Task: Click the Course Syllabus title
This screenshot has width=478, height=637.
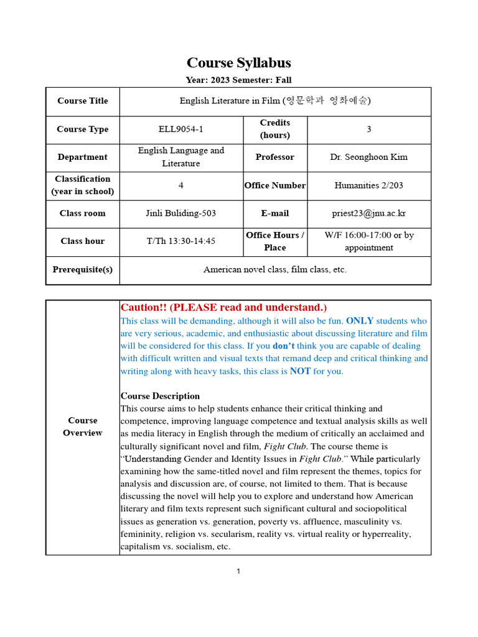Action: point(238,63)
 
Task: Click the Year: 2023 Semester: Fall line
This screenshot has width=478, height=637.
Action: point(238,80)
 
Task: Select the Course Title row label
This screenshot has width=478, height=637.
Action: point(82,101)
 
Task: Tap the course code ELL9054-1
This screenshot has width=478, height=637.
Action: point(180,129)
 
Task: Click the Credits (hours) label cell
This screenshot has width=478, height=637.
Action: point(274,129)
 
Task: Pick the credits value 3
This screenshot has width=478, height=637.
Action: point(368,129)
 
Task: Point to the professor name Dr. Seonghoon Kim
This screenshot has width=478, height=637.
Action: point(368,157)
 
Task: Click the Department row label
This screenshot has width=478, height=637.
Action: point(82,157)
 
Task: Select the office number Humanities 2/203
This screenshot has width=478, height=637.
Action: point(368,185)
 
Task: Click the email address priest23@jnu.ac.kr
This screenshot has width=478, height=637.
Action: point(368,213)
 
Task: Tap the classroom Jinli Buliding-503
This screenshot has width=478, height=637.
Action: point(180,213)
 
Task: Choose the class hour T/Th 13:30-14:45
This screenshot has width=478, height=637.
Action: point(180,241)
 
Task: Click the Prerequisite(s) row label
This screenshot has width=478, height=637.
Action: point(82,270)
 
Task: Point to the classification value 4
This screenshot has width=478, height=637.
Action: point(180,185)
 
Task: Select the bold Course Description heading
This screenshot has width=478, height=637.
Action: point(160,396)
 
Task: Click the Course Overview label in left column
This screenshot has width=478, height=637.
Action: point(82,427)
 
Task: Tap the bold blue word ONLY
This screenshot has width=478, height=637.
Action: point(359,321)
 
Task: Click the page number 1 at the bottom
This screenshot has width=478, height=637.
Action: point(238,572)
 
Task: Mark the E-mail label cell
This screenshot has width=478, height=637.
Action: point(274,213)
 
